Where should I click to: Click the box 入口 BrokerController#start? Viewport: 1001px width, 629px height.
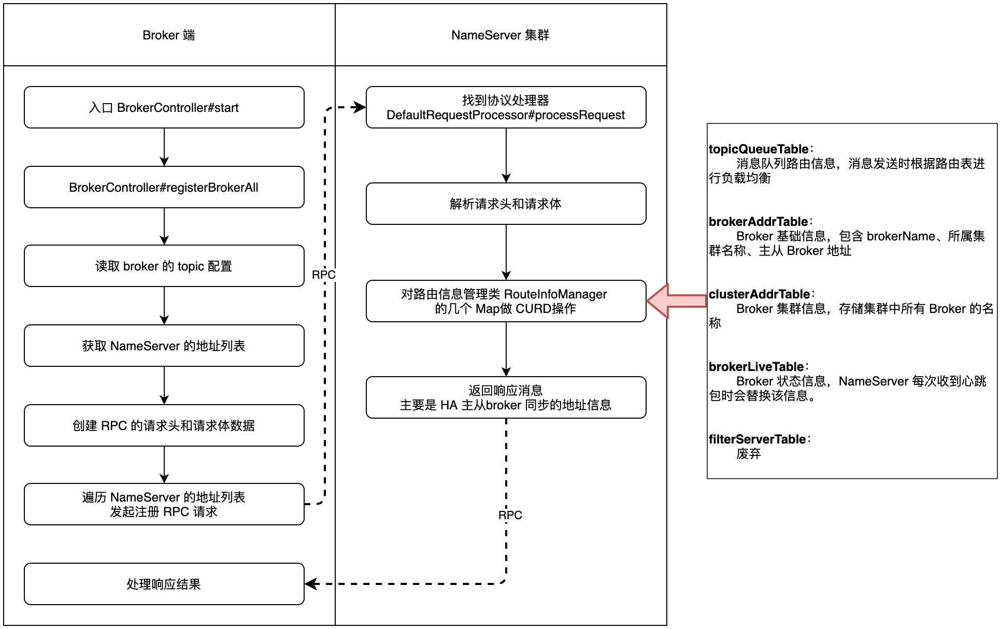click(x=164, y=107)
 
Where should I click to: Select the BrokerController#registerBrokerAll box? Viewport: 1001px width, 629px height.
click(x=164, y=187)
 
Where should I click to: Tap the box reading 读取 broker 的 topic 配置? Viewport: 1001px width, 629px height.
click(x=164, y=266)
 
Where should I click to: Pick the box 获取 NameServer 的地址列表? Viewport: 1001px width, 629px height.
click(x=164, y=346)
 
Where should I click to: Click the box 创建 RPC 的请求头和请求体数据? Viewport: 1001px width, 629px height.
click(x=164, y=425)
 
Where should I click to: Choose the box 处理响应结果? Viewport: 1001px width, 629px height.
click(x=164, y=584)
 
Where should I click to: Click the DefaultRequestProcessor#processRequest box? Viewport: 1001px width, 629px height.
click(x=506, y=107)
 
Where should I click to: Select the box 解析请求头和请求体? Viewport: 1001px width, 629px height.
click(x=506, y=204)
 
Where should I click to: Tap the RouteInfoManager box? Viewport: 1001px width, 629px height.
click(x=506, y=301)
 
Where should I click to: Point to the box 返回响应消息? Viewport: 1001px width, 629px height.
click(x=506, y=397)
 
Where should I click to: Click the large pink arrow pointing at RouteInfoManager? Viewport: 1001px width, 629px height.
click(x=676, y=301)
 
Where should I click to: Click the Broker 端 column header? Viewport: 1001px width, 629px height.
click(x=169, y=35)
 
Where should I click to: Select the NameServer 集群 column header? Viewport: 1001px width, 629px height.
click(x=500, y=35)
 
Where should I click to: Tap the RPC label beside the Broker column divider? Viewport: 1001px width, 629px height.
click(x=324, y=275)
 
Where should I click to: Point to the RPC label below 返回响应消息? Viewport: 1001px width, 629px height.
click(x=510, y=515)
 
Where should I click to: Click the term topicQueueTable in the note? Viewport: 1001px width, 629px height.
click(x=759, y=149)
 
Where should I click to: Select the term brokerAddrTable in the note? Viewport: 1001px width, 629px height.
click(x=759, y=222)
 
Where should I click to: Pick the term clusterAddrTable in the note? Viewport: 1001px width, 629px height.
click(x=760, y=294)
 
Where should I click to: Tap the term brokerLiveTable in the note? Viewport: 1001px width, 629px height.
click(x=756, y=367)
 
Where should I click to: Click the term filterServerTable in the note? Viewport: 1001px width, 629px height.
click(x=757, y=439)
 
